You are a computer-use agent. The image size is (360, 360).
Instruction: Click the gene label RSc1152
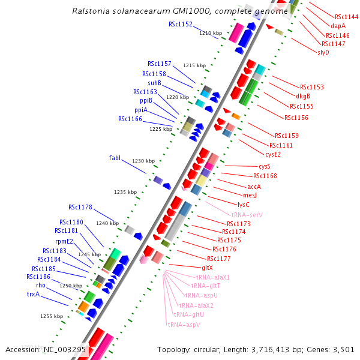pos(180,24)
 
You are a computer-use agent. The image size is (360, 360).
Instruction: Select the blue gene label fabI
pos(115,158)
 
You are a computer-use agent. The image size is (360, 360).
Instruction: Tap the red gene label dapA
pos(338,26)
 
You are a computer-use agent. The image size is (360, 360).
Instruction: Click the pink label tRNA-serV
pos(247,214)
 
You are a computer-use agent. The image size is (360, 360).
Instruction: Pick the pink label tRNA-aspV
pos(184,325)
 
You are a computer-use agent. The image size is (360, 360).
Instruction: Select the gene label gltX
pos(207,267)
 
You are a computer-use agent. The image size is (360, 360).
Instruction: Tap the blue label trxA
pos(33,294)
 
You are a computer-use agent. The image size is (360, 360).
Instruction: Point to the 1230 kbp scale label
pos(143,161)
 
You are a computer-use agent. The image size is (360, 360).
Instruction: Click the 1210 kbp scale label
pos(211,33)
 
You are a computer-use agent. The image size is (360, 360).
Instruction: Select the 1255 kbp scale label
pos(52,316)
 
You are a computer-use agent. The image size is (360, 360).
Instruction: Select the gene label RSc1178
pos(80,207)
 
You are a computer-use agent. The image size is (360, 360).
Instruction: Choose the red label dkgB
pos(303,96)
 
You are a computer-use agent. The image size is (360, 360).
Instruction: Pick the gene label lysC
pos(243,204)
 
